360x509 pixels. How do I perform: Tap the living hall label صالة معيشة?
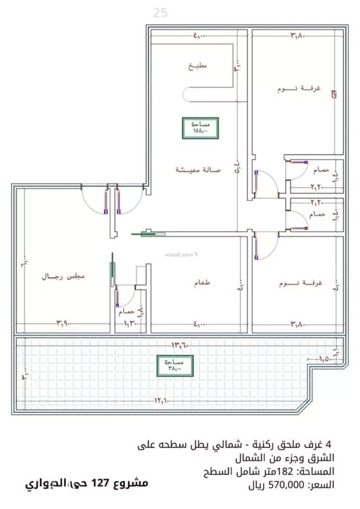tap(197, 170)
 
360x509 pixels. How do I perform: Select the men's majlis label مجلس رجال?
tap(63, 277)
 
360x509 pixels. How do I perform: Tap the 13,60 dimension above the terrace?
tap(180, 344)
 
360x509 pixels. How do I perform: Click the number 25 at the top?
tap(161, 13)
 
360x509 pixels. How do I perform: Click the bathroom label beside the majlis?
tap(127, 312)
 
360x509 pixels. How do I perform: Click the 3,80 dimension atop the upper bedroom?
tap(298, 35)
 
